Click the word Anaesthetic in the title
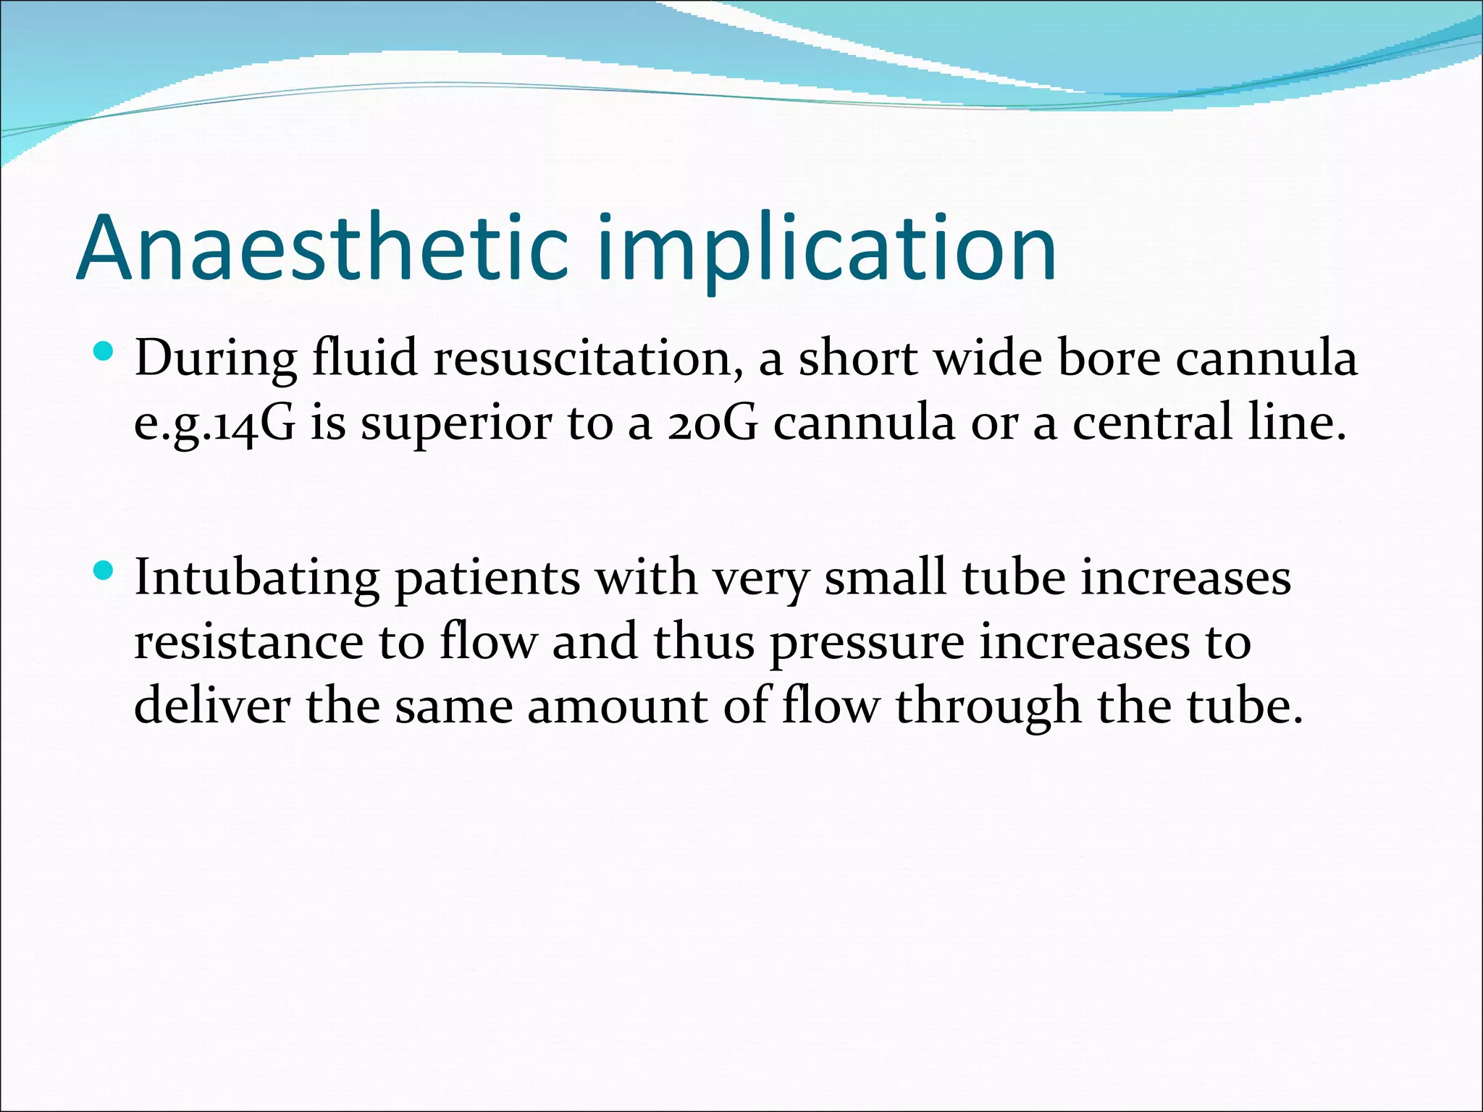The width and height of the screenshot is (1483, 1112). [x=322, y=248]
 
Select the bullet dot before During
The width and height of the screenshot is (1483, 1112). [x=104, y=353]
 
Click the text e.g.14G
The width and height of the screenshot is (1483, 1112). [x=215, y=424]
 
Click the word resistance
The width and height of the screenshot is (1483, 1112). [x=248, y=642]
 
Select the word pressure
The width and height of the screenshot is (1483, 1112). [x=866, y=644]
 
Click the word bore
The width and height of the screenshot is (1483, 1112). [x=1109, y=358]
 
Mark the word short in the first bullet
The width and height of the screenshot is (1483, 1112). [x=858, y=358]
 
